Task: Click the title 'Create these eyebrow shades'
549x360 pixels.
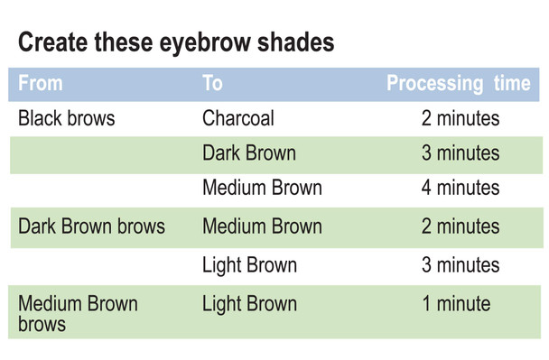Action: pyautogui.click(x=176, y=42)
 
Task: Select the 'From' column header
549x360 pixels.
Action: pyautogui.click(x=41, y=84)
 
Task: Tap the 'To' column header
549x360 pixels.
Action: pyautogui.click(x=212, y=84)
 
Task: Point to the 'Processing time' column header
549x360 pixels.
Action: pyautogui.click(x=458, y=84)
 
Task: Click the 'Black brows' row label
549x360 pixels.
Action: pyautogui.click(x=67, y=118)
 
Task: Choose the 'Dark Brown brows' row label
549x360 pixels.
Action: pyautogui.click(x=91, y=226)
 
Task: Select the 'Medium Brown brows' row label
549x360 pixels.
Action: pyautogui.click(x=78, y=313)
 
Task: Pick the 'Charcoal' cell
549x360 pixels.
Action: pyautogui.click(x=238, y=118)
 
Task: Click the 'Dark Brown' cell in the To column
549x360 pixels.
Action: pyautogui.click(x=249, y=153)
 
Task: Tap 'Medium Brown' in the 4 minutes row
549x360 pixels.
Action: pyautogui.click(x=262, y=189)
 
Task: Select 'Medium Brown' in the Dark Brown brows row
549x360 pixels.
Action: pyautogui.click(x=262, y=226)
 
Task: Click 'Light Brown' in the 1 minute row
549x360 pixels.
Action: pyautogui.click(x=249, y=304)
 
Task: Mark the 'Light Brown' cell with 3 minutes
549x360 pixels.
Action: pyautogui.click(x=249, y=265)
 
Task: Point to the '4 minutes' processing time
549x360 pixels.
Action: pyautogui.click(x=460, y=189)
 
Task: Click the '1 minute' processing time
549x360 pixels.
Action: pyautogui.click(x=456, y=304)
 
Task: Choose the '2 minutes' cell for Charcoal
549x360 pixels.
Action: pyautogui.click(x=460, y=118)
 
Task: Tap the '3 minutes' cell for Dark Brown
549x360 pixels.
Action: pyautogui.click(x=460, y=153)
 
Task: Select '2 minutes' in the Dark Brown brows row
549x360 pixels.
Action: pyautogui.click(x=460, y=226)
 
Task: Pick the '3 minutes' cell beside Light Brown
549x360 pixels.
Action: pyautogui.click(x=460, y=265)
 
